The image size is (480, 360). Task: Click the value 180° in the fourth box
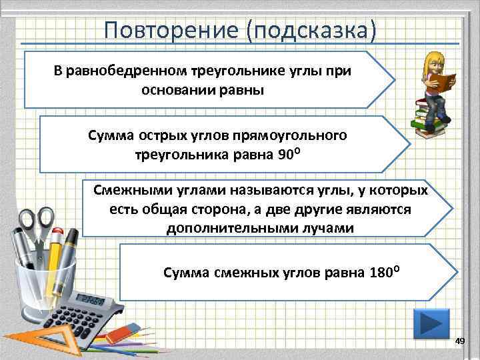tap(385, 272)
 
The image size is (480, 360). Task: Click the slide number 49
tap(459, 341)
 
